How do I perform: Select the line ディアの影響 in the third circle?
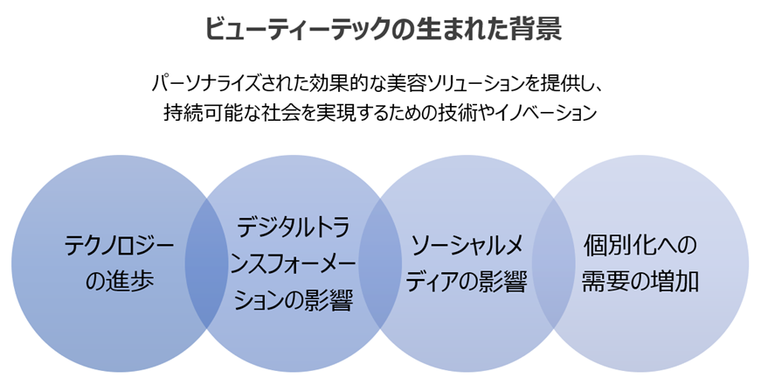467,282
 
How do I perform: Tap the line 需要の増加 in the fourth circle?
641,282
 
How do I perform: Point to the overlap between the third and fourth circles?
553,263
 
